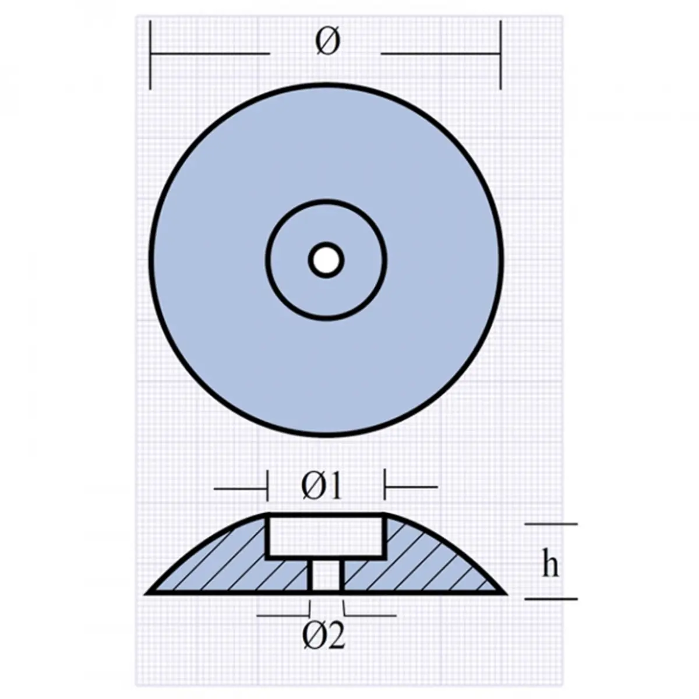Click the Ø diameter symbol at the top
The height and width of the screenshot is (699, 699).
click(327, 42)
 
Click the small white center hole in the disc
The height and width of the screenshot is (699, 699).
click(326, 259)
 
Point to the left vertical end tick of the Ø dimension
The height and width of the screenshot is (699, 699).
click(151, 55)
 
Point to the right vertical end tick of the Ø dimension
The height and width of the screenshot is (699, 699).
click(500, 55)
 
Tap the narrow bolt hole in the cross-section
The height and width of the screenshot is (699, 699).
click(326, 576)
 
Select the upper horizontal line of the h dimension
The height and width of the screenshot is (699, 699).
click(550, 524)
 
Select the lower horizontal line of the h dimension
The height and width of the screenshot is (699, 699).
click(550, 598)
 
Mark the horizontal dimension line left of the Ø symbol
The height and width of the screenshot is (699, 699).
click(210, 54)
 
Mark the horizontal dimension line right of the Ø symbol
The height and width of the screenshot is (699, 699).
click(440, 54)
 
